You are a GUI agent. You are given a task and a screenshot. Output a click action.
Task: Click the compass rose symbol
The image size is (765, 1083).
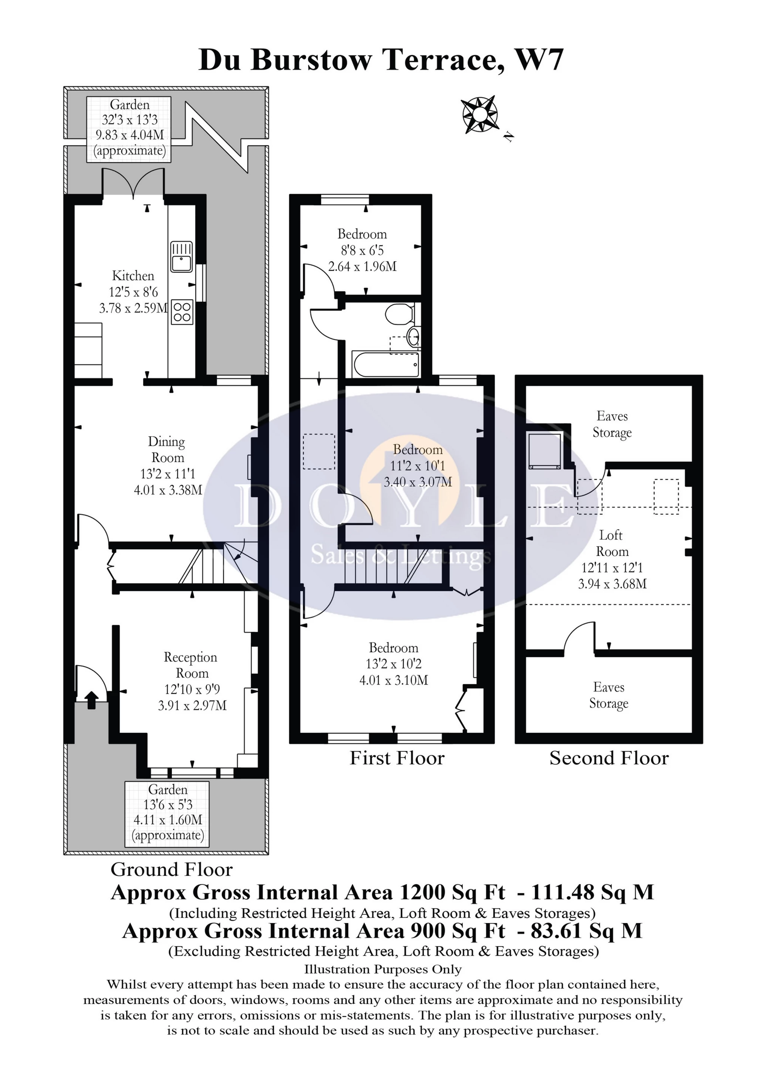click(479, 115)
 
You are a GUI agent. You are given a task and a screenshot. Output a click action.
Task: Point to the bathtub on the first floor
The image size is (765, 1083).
click(386, 365)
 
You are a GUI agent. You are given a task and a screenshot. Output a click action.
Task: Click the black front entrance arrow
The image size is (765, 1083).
click(91, 700)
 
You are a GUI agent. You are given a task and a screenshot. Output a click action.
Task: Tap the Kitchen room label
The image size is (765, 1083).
click(133, 275)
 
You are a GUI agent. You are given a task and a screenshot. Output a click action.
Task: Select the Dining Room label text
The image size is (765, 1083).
click(166, 450)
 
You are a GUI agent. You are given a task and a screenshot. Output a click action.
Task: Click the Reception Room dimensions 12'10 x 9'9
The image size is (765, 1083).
click(192, 689)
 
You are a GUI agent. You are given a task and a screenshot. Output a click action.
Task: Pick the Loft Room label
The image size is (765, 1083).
click(612, 543)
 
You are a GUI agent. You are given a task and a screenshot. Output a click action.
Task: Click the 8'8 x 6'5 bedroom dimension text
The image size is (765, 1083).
click(362, 250)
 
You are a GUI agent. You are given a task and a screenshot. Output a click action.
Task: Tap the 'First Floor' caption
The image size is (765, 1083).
click(397, 758)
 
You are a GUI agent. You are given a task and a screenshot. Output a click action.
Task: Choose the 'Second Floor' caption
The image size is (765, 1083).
click(609, 758)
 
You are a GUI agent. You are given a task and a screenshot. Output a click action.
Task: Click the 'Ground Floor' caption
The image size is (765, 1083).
click(172, 869)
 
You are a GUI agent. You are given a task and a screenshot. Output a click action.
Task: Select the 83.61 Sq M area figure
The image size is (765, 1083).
click(586, 931)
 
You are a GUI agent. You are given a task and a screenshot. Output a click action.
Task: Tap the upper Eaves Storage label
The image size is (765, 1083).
click(612, 424)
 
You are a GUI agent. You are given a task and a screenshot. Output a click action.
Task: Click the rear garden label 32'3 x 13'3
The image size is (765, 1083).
click(130, 120)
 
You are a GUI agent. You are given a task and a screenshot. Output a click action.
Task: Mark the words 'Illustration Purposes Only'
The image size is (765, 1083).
click(383, 969)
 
